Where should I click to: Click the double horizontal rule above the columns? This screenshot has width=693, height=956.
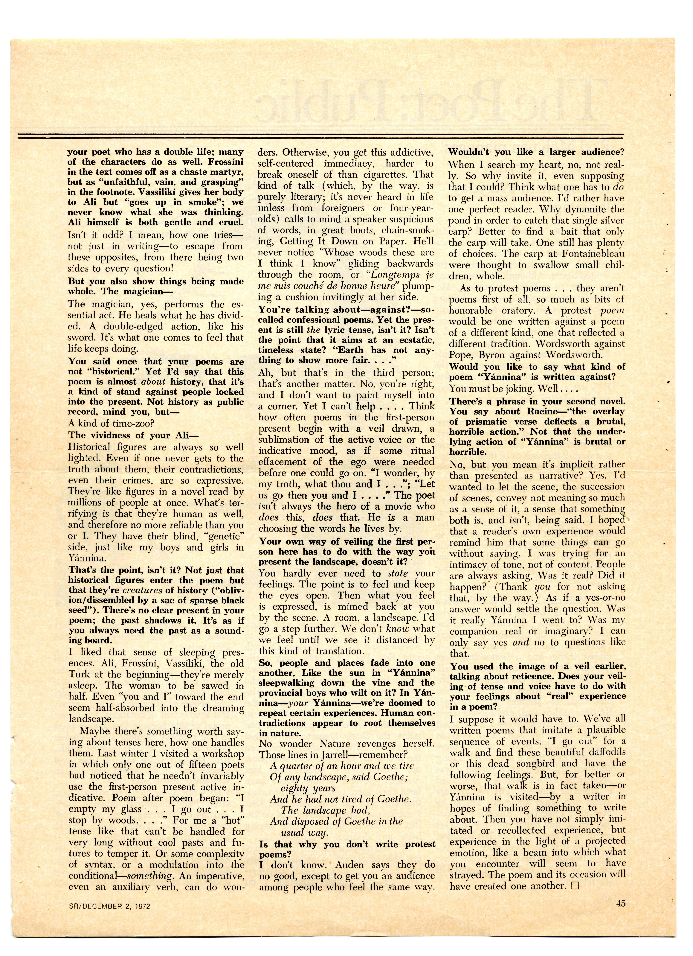(x=320, y=136)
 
